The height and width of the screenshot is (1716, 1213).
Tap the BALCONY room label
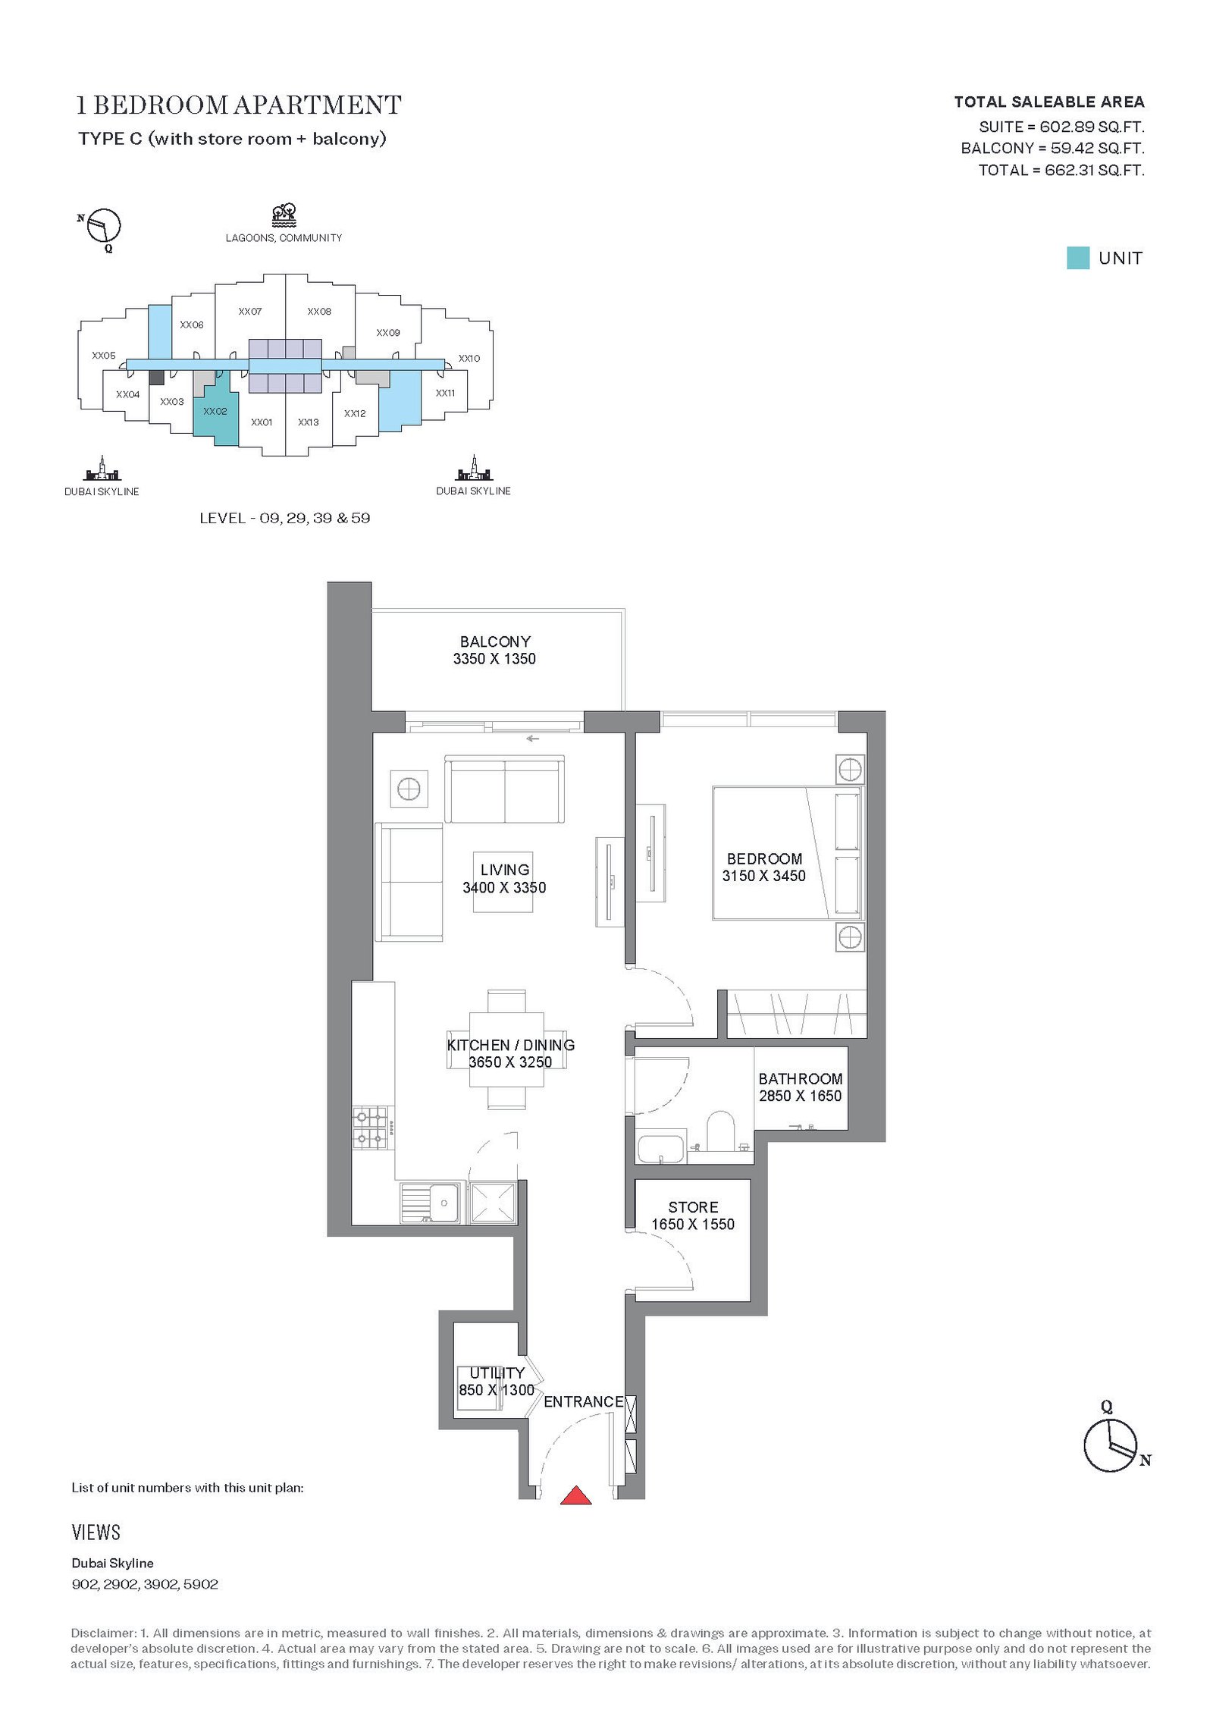point(495,642)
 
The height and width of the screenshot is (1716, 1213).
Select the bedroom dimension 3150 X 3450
point(763,876)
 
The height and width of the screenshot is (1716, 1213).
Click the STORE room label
point(693,1207)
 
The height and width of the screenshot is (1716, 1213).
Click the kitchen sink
point(430,1203)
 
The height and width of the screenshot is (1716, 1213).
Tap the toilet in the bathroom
point(721,1133)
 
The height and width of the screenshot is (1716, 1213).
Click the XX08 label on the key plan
point(319,312)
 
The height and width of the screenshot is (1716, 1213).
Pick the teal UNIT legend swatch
point(1077,258)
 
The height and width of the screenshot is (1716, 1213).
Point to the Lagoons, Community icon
point(284,215)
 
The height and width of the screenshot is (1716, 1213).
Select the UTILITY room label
point(497,1372)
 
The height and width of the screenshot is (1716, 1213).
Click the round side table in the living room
point(409,789)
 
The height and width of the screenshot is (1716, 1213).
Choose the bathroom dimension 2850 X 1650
point(800,1096)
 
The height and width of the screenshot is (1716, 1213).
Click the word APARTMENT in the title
point(318,105)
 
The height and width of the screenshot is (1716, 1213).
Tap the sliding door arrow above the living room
point(532,739)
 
